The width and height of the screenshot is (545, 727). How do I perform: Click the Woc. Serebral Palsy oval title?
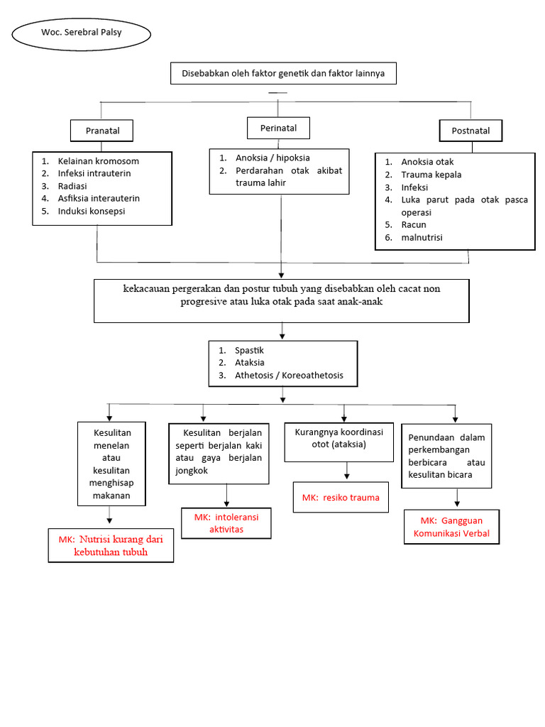click(82, 33)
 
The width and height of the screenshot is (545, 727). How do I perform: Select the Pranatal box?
click(102, 131)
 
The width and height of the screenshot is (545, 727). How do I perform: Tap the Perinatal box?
click(277, 128)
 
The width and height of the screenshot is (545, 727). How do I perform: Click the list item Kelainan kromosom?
click(98, 160)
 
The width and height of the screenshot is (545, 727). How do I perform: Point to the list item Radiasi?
click(73, 185)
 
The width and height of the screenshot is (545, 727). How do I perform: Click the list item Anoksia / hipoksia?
click(272, 158)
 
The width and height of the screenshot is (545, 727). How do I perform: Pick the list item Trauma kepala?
click(431, 174)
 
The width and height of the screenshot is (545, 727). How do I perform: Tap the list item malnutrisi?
click(422, 237)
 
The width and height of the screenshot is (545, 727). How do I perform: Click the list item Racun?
click(414, 224)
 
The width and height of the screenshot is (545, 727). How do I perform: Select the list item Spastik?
click(249, 350)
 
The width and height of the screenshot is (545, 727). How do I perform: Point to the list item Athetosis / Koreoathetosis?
click(289, 375)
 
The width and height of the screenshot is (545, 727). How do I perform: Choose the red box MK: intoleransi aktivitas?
click(226, 523)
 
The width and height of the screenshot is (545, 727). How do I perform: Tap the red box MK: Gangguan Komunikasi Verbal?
click(451, 527)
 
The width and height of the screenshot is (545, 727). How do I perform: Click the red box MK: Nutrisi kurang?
click(111, 545)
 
